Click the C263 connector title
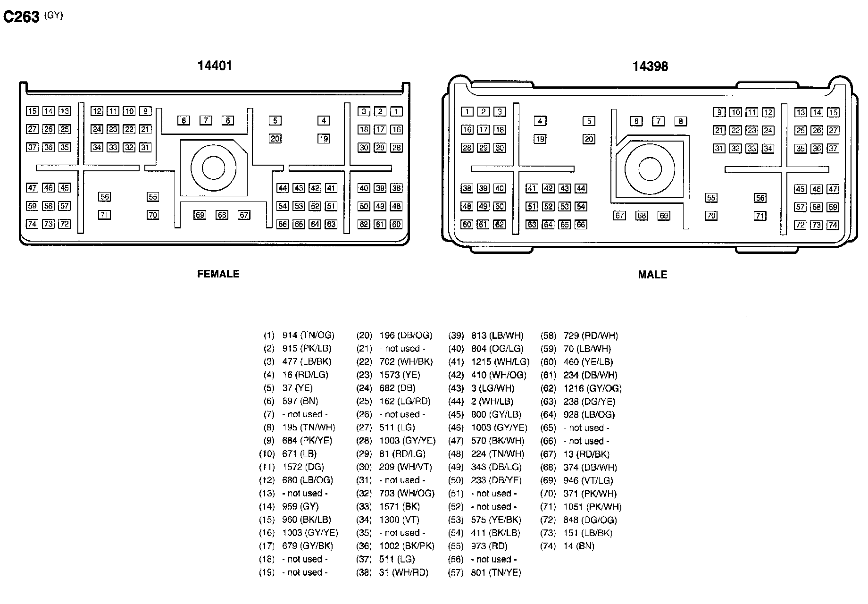coord(21,17)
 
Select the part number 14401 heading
coord(215,66)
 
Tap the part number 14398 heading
coord(650,67)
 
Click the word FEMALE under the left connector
coord(218,274)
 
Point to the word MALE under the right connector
coord(652,275)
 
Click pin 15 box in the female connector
coord(32,111)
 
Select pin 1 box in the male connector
coord(467,112)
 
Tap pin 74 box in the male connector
coord(833,225)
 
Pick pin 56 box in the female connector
coord(104,197)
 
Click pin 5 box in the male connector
coord(589,121)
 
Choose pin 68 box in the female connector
coord(222,215)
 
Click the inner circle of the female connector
coord(214,168)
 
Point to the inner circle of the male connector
coord(649,168)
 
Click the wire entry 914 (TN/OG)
coord(308,336)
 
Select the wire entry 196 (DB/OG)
coord(405,336)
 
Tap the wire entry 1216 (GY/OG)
coord(592,388)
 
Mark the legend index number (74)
coord(548,546)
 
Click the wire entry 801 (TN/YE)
coord(496,573)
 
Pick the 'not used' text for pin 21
coord(402,349)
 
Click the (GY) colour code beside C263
coord(53,15)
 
